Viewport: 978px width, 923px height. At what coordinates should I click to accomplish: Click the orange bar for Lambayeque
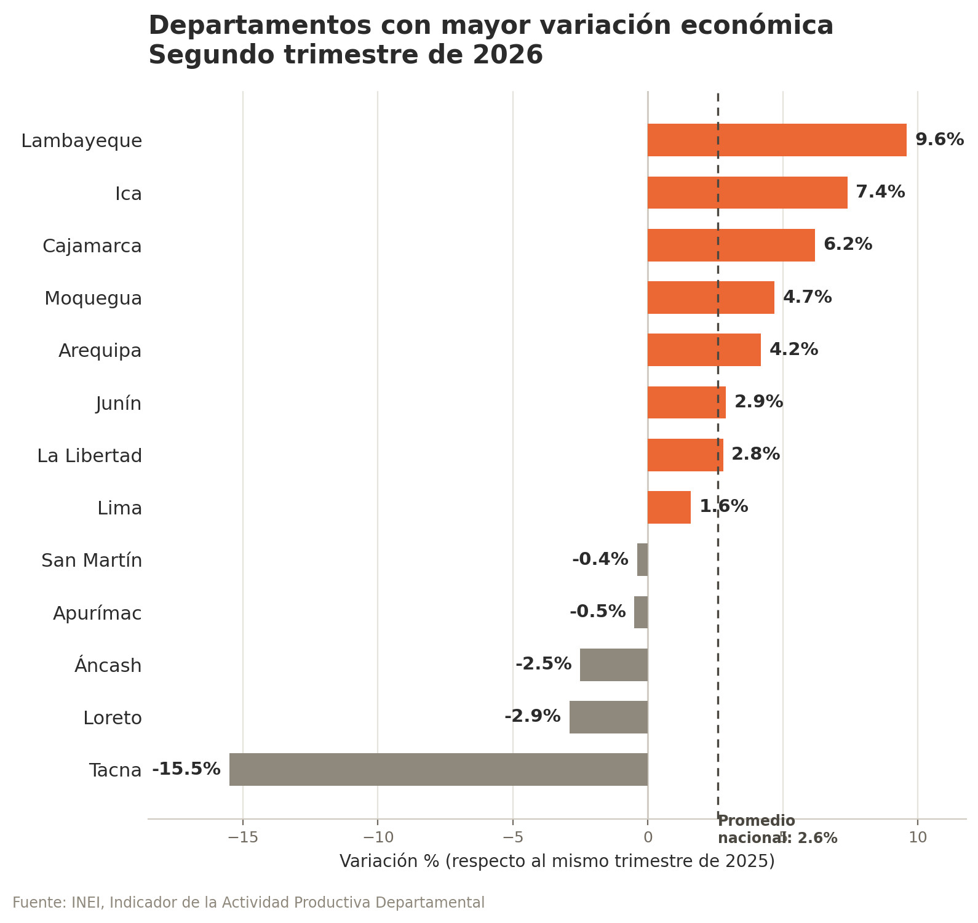point(777,140)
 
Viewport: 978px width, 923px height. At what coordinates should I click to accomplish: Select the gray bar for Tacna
point(439,769)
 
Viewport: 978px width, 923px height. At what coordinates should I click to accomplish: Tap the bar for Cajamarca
point(731,245)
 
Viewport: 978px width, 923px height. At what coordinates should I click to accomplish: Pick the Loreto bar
point(608,717)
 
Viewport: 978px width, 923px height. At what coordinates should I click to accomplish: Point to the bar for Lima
point(669,507)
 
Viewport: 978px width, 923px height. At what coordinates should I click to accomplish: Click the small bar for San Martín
point(642,559)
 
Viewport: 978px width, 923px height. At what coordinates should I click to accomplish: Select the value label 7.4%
point(880,192)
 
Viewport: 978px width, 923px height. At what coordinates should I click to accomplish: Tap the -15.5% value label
point(186,769)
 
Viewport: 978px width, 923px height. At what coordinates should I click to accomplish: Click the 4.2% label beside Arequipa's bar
point(793,350)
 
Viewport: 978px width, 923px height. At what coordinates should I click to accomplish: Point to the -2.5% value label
point(544,664)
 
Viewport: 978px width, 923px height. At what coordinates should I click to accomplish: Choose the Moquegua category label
point(93,298)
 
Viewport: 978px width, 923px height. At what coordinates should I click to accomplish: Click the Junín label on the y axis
point(119,404)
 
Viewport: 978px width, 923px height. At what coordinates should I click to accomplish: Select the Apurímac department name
point(97,613)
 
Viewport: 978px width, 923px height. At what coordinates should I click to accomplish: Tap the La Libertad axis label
point(90,456)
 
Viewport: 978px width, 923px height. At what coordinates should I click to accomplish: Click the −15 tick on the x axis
point(242,837)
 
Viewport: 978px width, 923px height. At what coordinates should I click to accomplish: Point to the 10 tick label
point(918,837)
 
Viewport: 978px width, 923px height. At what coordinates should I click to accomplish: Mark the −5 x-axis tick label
point(512,837)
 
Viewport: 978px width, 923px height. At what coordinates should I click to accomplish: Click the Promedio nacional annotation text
point(777,829)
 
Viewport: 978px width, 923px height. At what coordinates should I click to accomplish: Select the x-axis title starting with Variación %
point(557,861)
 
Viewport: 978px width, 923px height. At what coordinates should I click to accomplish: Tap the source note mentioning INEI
point(248,903)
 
